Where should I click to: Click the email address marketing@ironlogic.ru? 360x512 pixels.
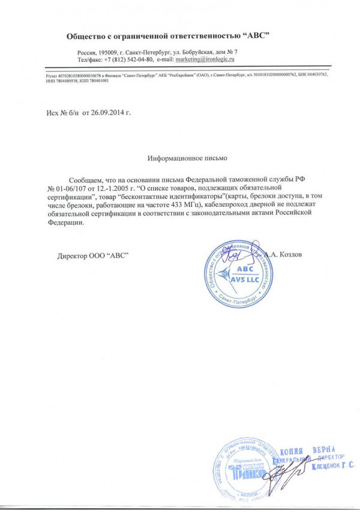click(204, 61)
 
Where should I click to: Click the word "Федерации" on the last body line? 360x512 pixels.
click(62, 223)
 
